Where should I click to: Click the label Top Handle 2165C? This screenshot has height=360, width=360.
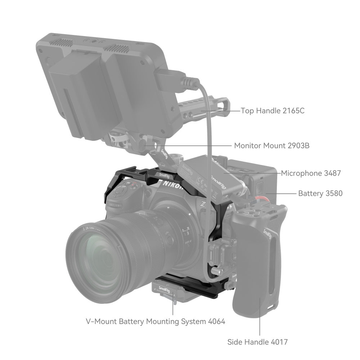coord(273,111)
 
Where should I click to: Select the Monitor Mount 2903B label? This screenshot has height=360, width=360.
coord(272,145)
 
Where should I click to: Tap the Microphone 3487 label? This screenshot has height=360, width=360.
coord(311,173)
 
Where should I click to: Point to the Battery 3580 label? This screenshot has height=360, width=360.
coord(320,193)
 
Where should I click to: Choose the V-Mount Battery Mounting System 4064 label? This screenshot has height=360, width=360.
coord(155,321)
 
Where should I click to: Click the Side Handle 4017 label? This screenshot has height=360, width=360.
coord(257,342)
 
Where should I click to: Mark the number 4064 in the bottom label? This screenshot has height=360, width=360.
coord(216,321)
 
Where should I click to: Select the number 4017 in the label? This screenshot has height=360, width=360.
coord(278,342)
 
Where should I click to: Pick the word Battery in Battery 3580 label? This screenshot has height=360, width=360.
coord(310,193)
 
